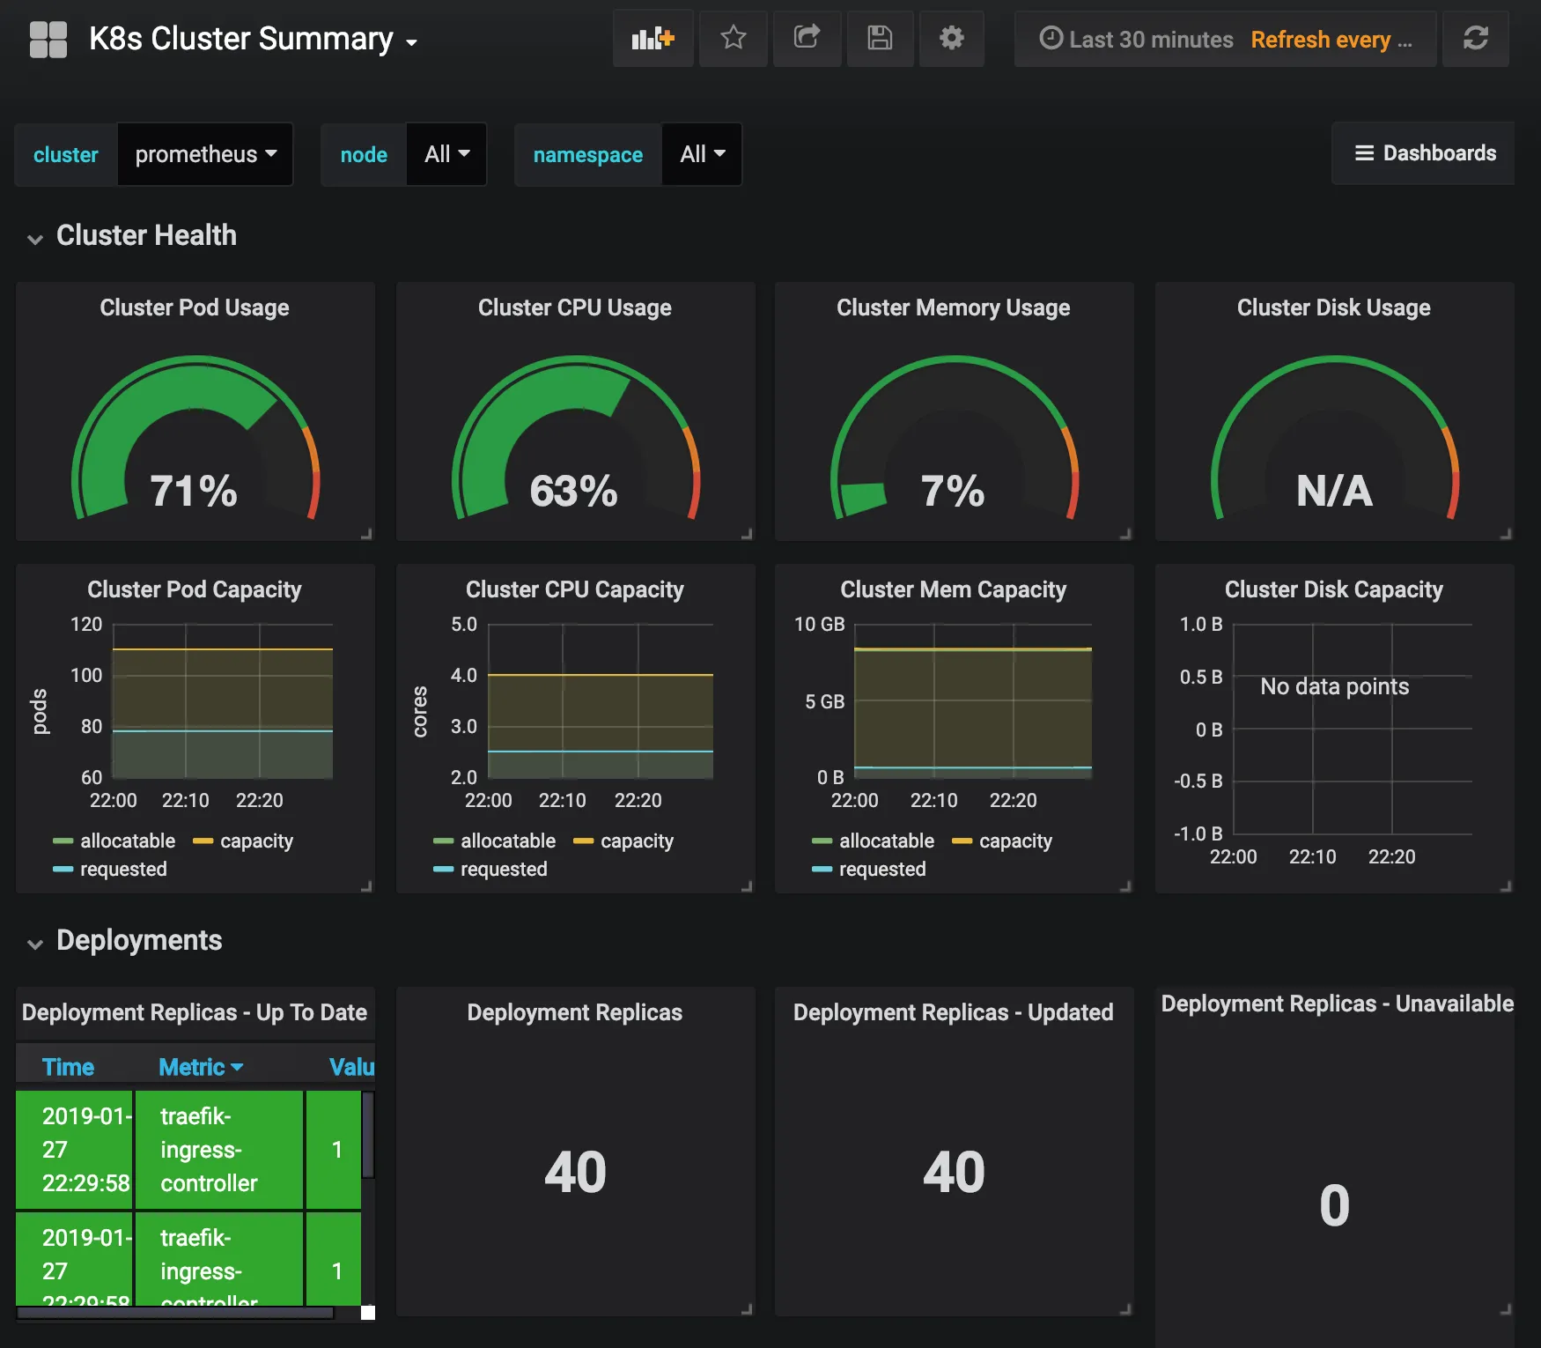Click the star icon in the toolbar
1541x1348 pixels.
733,38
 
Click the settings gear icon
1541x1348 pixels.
951,38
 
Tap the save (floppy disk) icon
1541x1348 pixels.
879,38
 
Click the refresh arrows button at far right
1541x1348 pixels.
1475,38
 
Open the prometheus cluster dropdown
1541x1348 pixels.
204,154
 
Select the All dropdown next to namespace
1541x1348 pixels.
701,154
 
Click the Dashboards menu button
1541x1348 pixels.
1424,153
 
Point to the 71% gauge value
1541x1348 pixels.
194,491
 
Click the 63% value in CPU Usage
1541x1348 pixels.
573,491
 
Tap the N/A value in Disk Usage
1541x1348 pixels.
1333,491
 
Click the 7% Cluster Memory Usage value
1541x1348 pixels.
952,491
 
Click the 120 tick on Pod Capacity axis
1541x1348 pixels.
86,625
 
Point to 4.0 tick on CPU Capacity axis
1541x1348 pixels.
463,676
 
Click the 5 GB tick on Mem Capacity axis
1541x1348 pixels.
824,702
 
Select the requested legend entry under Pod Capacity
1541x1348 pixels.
122,870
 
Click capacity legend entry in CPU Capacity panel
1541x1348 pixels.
636,841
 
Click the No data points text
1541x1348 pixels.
1334,686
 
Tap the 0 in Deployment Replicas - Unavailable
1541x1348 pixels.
1334,1205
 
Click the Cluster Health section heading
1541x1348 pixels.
146,235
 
